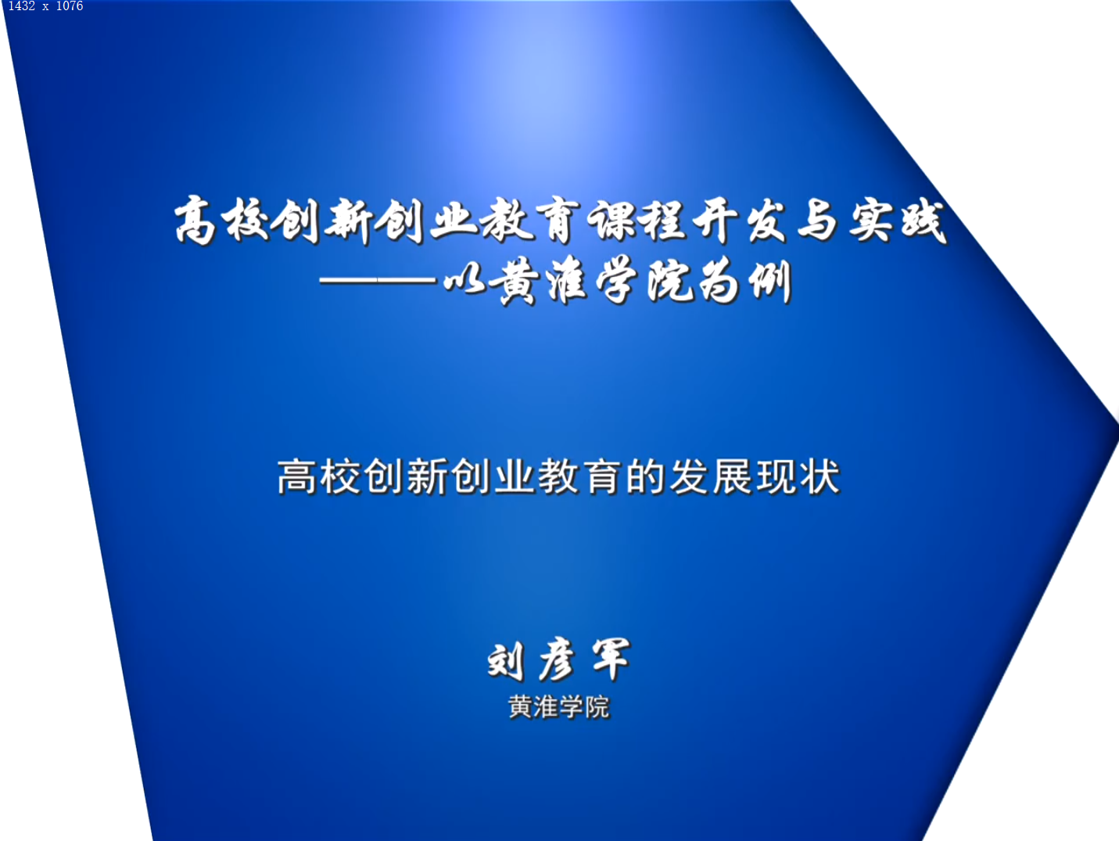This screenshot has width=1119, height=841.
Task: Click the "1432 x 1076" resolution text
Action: (x=45, y=6)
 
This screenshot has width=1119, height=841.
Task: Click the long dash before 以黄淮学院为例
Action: (x=378, y=280)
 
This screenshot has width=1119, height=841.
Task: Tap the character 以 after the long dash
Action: (x=464, y=282)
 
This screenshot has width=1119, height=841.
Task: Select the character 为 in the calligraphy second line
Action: (x=719, y=282)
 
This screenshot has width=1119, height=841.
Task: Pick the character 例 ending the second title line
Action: (x=769, y=282)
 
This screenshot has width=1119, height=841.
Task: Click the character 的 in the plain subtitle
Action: (x=645, y=477)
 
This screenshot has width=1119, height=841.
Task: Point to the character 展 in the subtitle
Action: (x=733, y=477)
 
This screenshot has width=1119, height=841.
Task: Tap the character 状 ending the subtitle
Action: (x=820, y=477)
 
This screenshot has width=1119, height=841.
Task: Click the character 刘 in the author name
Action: (x=505, y=660)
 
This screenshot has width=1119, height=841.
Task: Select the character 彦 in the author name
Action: (x=557, y=660)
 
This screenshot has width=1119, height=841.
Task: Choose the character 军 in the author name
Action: (x=611, y=660)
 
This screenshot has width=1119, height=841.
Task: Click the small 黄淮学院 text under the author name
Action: (x=559, y=707)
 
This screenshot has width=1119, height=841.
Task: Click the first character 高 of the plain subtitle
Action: (x=297, y=477)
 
